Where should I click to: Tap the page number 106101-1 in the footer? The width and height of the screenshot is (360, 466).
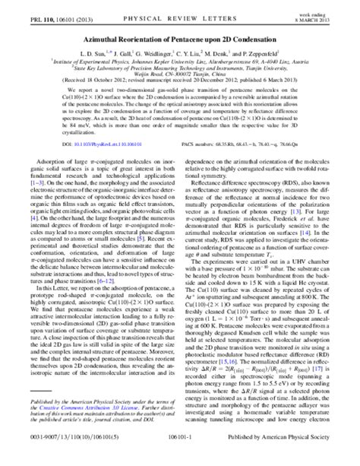[179, 458]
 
